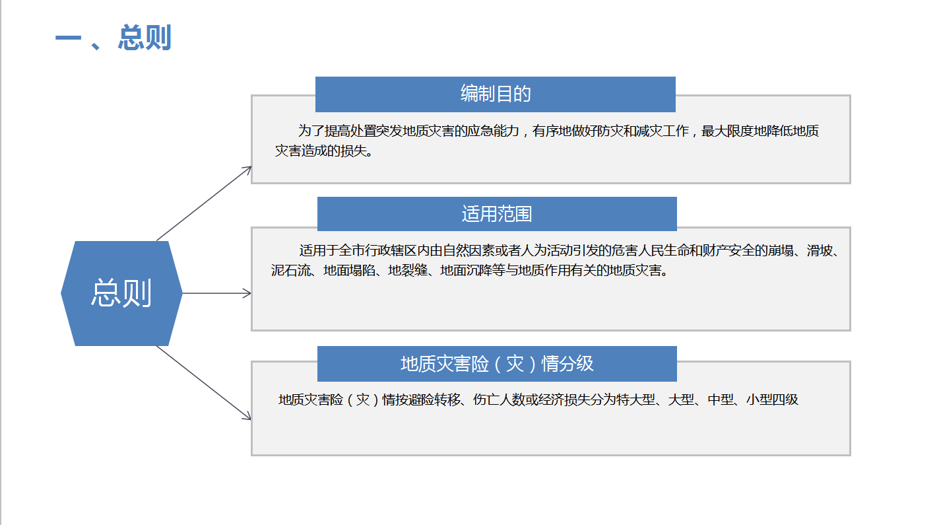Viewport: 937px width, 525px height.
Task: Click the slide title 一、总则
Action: coord(113,38)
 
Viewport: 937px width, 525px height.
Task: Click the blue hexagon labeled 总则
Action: coord(121,293)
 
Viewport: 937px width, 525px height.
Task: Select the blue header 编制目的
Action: coord(496,94)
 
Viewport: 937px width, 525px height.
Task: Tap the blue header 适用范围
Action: coord(497,214)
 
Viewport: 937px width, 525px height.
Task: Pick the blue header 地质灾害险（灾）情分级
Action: coord(497,364)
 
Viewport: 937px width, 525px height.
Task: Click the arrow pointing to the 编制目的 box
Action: coord(204,203)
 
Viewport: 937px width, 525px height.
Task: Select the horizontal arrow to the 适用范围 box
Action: coord(216,293)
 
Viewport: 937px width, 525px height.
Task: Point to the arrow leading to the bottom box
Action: coord(204,382)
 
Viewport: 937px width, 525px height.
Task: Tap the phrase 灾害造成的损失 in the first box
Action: coord(320,151)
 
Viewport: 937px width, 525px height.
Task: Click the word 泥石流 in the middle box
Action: coord(290,271)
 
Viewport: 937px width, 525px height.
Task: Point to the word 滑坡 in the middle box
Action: coord(820,250)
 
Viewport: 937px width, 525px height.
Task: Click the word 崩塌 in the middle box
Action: coord(781,250)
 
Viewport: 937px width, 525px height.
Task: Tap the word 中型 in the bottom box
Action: coord(721,400)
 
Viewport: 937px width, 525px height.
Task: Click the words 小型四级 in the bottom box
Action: coord(772,400)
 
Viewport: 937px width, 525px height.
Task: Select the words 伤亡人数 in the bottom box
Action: coord(499,400)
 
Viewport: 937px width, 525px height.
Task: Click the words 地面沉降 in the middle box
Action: coord(466,271)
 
